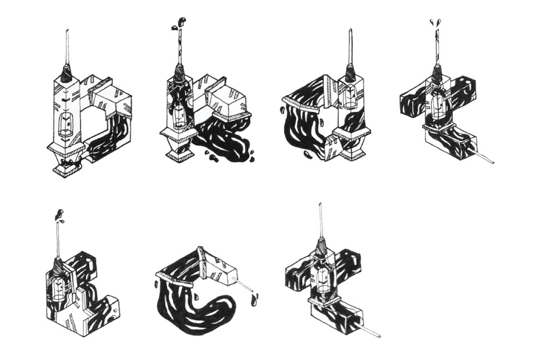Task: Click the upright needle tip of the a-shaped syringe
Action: click(350, 31)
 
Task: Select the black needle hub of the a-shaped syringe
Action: click(351, 72)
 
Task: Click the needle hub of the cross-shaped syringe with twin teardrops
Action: click(436, 75)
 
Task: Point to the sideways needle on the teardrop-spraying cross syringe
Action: click(486, 158)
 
